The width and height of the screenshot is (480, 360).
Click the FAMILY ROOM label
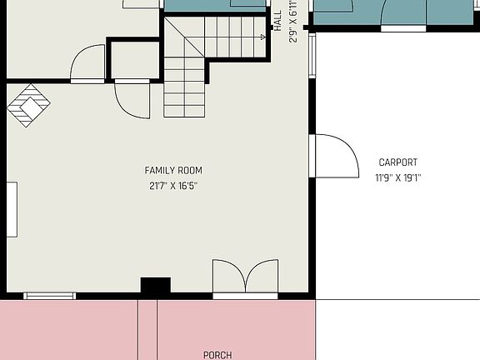(173, 171)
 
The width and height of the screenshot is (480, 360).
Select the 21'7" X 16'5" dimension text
(173, 186)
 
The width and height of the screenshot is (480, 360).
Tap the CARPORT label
(397, 162)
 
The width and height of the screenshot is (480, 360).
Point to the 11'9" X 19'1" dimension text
(397, 177)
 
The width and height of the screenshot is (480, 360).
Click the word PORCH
(217, 354)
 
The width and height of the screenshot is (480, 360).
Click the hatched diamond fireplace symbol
(29, 105)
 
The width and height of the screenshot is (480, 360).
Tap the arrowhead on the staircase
(262, 37)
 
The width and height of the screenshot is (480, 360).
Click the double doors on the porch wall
(245, 277)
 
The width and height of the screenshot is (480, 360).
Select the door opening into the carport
(335, 156)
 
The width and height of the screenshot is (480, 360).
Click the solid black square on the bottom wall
(155, 286)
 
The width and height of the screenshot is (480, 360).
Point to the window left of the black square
(49, 295)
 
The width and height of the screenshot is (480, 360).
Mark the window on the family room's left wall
(12, 209)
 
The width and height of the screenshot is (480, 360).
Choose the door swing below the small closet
(132, 99)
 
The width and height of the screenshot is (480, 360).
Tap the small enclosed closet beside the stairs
(134, 59)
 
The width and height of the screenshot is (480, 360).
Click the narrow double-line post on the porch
(147, 329)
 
